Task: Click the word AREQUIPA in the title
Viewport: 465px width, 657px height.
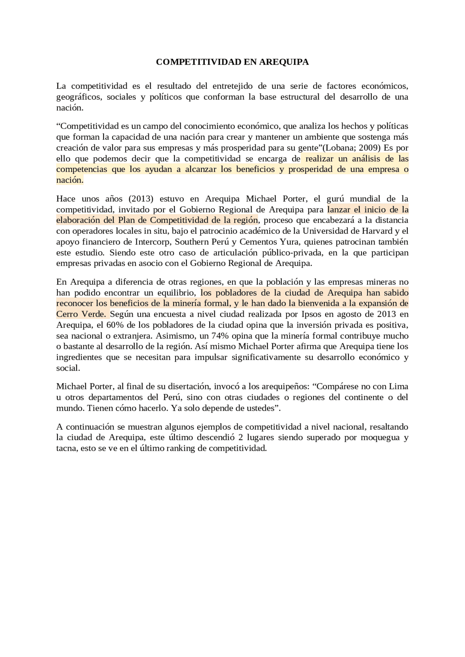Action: (x=284, y=62)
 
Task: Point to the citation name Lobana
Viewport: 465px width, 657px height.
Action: (x=339, y=148)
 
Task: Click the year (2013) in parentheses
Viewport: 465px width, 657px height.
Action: (x=141, y=198)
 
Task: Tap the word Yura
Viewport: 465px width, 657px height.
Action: (x=290, y=242)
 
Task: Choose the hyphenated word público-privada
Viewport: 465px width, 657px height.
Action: (x=293, y=252)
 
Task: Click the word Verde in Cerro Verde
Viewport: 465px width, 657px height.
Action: (x=95, y=314)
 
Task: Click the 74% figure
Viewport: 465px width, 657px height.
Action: (x=220, y=336)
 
